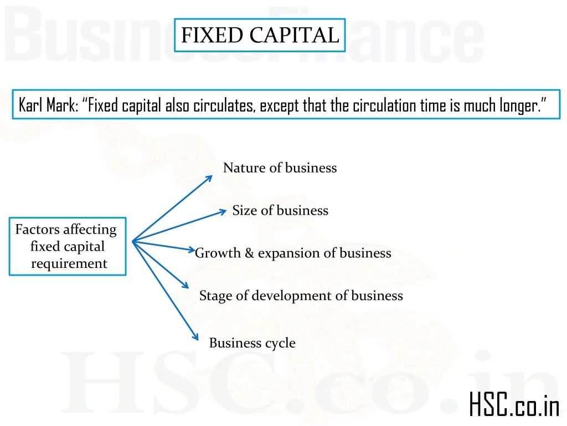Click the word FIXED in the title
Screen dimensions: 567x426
click(x=212, y=35)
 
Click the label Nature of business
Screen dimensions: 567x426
click(x=280, y=168)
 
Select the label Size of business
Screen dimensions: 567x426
click(x=280, y=210)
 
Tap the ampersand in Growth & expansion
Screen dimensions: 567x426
click(x=250, y=253)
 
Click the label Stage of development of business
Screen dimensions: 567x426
click(x=301, y=296)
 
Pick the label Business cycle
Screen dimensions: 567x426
click(x=252, y=343)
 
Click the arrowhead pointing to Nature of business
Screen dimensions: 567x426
click(x=209, y=179)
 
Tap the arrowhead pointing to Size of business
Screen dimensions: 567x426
click(x=223, y=211)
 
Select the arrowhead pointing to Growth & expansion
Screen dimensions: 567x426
click(x=191, y=249)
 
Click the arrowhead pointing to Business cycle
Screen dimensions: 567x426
click(x=195, y=337)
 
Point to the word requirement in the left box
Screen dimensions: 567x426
click(x=69, y=263)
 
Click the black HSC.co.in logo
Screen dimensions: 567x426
click(x=514, y=404)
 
